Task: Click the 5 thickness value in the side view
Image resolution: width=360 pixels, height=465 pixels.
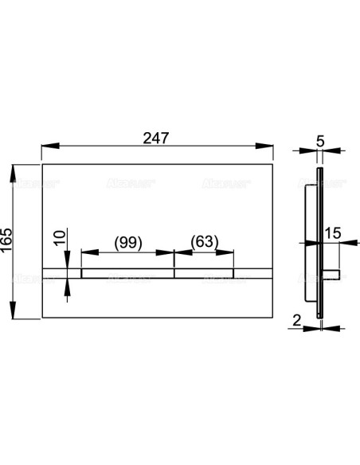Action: click(320, 141)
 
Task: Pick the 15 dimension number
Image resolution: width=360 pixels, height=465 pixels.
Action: click(333, 233)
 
